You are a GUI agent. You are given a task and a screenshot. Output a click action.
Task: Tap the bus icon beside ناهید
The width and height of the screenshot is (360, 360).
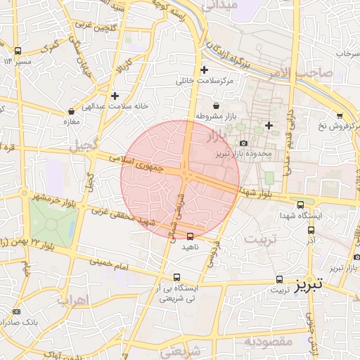190,236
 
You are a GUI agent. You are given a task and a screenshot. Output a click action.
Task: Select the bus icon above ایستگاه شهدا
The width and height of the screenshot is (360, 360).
301,204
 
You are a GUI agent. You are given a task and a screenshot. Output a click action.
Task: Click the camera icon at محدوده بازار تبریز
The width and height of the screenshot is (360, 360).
243,143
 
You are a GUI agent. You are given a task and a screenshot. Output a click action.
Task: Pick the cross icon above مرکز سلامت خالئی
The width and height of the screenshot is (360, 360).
204,70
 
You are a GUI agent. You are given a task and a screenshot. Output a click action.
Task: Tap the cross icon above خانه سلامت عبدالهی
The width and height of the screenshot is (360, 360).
115,96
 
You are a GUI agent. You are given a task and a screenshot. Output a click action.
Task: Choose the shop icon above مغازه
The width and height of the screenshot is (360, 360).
71,111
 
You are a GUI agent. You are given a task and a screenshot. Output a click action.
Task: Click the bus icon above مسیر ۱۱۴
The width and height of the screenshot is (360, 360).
18,51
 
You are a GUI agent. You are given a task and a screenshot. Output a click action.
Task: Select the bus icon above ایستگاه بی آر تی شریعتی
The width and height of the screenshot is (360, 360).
176,277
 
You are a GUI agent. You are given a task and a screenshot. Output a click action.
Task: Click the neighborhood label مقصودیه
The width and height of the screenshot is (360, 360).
267,341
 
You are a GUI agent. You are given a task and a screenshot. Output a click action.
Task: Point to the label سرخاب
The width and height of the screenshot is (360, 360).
347,53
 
